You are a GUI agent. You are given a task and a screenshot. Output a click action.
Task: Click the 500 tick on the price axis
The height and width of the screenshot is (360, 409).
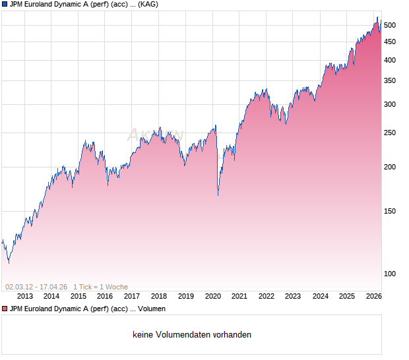390,25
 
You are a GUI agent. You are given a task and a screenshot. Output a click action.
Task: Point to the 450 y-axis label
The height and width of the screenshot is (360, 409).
390,42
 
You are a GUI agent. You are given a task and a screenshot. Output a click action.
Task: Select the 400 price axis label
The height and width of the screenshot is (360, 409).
390,60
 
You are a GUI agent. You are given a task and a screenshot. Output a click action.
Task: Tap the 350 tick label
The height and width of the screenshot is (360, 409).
390,80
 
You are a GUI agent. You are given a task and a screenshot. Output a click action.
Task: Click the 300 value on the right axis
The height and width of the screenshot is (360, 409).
390,104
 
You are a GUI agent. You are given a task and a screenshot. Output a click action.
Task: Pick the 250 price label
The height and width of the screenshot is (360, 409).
390,133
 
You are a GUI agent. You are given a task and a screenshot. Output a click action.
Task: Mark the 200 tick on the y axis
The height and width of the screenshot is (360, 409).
390,167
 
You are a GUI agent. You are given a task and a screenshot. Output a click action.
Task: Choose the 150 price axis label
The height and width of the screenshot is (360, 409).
390,211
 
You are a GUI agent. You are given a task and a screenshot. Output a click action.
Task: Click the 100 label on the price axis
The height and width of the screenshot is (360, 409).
390,274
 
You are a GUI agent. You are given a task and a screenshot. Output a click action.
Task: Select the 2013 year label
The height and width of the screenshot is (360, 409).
25,297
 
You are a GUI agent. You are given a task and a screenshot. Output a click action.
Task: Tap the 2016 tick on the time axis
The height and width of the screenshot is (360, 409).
106,297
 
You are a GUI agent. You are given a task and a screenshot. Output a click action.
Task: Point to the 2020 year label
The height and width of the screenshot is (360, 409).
212,297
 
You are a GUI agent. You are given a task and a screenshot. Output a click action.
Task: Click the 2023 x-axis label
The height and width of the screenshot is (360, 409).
293,297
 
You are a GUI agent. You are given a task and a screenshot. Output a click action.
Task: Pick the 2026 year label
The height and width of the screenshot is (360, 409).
373,297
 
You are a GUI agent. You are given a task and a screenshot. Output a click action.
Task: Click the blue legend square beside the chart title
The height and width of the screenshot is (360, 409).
5,4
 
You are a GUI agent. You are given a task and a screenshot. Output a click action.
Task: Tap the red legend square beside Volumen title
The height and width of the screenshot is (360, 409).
5,309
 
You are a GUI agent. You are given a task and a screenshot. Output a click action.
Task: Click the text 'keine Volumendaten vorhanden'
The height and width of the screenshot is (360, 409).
192,335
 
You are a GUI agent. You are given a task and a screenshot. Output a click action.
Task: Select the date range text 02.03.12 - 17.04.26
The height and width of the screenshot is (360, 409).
36,287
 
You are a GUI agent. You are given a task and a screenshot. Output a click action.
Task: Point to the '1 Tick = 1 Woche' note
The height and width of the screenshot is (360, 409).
100,287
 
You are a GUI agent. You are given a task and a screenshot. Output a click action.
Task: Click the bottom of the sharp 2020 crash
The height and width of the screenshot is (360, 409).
218,195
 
